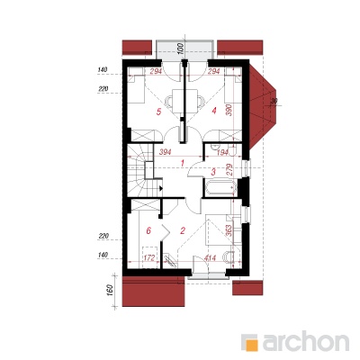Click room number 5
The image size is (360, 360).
pyautogui.click(x=158, y=112)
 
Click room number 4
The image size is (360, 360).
pyautogui.click(x=214, y=111)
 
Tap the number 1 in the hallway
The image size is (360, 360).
pyautogui.click(x=183, y=163)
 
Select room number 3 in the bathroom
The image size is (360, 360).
pyautogui.click(x=213, y=172)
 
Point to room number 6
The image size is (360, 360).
pyautogui.click(x=148, y=230)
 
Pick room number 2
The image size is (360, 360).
pyautogui.click(x=183, y=230)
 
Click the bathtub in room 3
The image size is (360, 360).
pyautogui.click(x=220, y=187)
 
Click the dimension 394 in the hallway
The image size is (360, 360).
pyautogui.click(x=166, y=152)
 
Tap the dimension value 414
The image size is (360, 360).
pyautogui.click(x=211, y=258)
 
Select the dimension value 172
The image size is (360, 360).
pyautogui.click(x=148, y=257)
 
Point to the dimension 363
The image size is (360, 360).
pyautogui.click(x=229, y=231)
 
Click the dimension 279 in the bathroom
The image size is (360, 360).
pyautogui.click(x=229, y=169)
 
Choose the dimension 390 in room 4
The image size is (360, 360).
pyautogui.click(x=229, y=111)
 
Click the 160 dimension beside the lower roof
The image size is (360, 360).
pyautogui.click(x=110, y=290)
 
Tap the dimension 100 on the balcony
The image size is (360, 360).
pyautogui.click(x=180, y=49)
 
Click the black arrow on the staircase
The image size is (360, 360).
pyautogui.click(x=161, y=189)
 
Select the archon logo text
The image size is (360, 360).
pyautogui.click(x=306, y=341)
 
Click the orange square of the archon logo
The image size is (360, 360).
pyautogui.click(x=252, y=345)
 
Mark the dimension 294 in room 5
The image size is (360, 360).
pyautogui.click(x=156, y=71)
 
